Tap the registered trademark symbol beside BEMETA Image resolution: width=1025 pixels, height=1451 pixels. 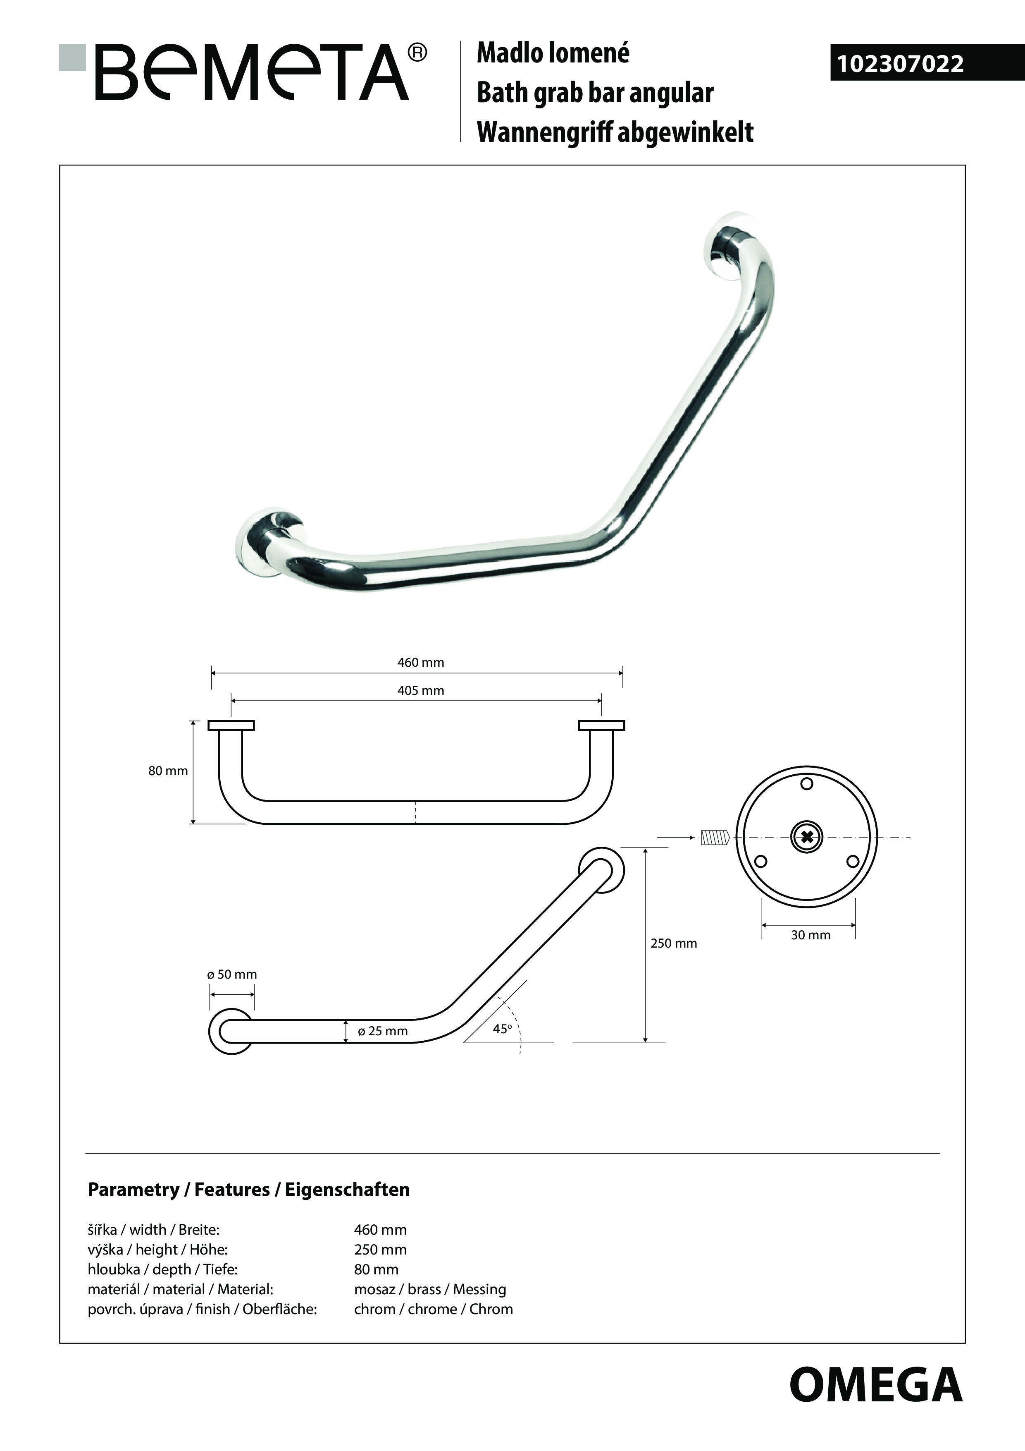click(417, 53)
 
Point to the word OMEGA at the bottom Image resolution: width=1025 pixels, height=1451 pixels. click(875, 1385)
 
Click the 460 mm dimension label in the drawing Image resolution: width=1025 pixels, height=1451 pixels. click(421, 662)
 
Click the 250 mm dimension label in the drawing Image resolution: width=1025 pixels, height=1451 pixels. click(674, 943)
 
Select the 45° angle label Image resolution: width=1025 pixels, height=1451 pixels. click(502, 1029)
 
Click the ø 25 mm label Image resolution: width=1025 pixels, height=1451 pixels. click(383, 1031)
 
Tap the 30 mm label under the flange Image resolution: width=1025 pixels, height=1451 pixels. click(811, 935)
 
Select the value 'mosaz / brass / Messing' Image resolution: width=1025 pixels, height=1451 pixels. click(430, 1289)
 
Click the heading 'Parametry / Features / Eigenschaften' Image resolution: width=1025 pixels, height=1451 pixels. click(249, 1189)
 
